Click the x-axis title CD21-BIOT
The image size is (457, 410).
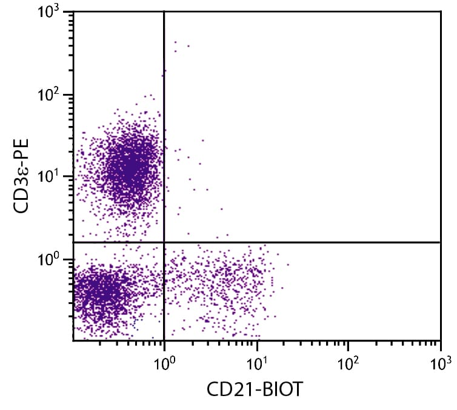255,389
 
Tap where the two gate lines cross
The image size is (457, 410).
164,242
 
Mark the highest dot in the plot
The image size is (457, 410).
175,42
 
